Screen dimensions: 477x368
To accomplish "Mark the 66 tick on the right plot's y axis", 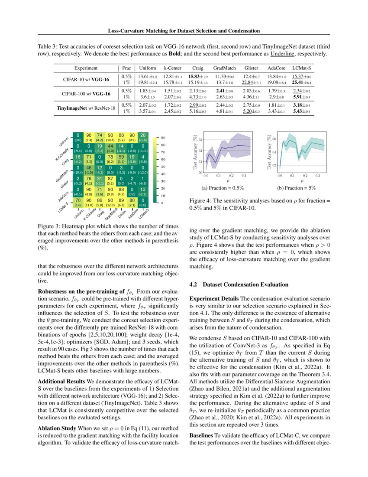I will (x=274, y=139).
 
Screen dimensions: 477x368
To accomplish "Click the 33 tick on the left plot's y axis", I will (x=200, y=140).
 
